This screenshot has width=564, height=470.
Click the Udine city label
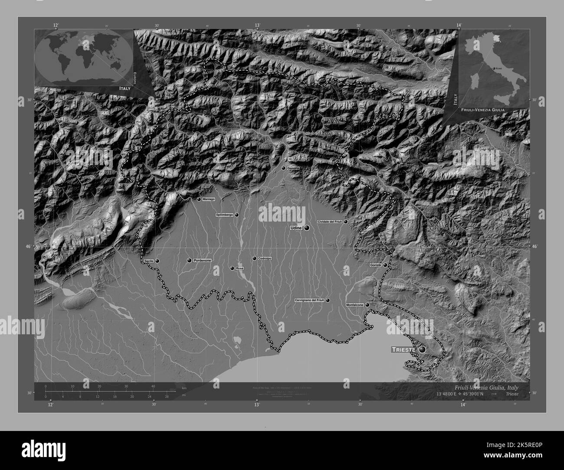click(x=296, y=228)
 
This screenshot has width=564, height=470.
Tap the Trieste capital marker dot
click(x=422, y=349)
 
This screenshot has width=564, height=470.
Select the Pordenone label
click(x=202, y=260)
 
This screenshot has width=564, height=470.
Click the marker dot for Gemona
click(x=283, y=168)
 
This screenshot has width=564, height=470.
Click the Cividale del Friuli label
click(x=330, y=222)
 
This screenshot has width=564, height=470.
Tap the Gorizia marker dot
click(x=384, y=265)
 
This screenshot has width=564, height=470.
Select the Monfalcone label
click(x=354, y=305)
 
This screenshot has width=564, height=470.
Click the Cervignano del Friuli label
click(x=309, y=300)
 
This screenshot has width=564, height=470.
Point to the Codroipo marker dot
click(x=254, y=258)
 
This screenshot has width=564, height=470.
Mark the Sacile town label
click(x=149, y=261)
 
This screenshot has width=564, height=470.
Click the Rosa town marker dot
click(x=232, y=268)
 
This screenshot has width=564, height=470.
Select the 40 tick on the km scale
click(x=153, y=386)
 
